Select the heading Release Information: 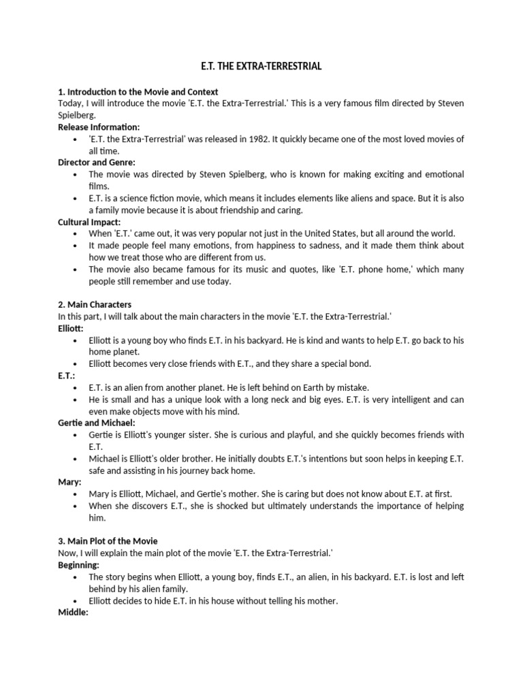(99, 127)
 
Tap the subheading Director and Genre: (97, 162)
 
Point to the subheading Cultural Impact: (89, 221)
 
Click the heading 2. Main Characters (95, 304)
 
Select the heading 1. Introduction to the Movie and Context (138, 91)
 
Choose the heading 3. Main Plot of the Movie (108, 540)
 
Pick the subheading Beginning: (79, 565)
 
